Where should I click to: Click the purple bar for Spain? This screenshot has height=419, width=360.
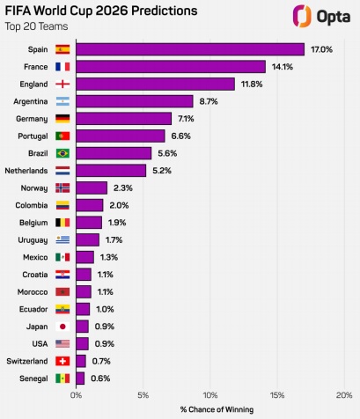coord(190,49)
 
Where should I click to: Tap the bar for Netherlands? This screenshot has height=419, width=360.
coord(111,170)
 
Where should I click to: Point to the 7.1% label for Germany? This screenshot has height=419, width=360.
coord(187,118)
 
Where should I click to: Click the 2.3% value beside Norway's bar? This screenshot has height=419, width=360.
coord(122,187)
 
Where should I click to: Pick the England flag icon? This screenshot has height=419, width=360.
coord(62,84)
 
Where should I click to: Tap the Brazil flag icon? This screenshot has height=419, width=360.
coord(62,153)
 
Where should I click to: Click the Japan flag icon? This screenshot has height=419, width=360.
coord(62,326)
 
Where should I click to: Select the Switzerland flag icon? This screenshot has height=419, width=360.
coord(62,361)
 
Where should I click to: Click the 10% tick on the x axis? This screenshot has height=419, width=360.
coord(210,395)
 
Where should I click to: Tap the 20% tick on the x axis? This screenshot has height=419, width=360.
coord(344,395)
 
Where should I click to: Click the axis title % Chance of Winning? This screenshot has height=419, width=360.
coord(216,409)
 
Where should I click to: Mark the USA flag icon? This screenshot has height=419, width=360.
coord(62,343)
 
